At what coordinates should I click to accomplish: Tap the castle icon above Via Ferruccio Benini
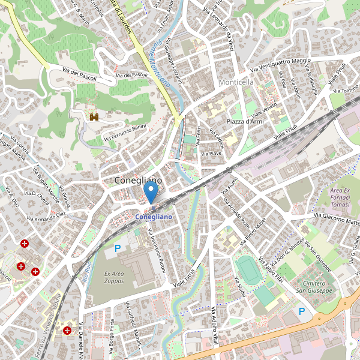tap(94, 118)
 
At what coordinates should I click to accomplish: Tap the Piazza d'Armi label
tap(245, 122)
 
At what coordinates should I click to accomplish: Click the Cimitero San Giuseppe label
tap(314, 287)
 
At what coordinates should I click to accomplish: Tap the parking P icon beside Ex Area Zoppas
tap(118, 248)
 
